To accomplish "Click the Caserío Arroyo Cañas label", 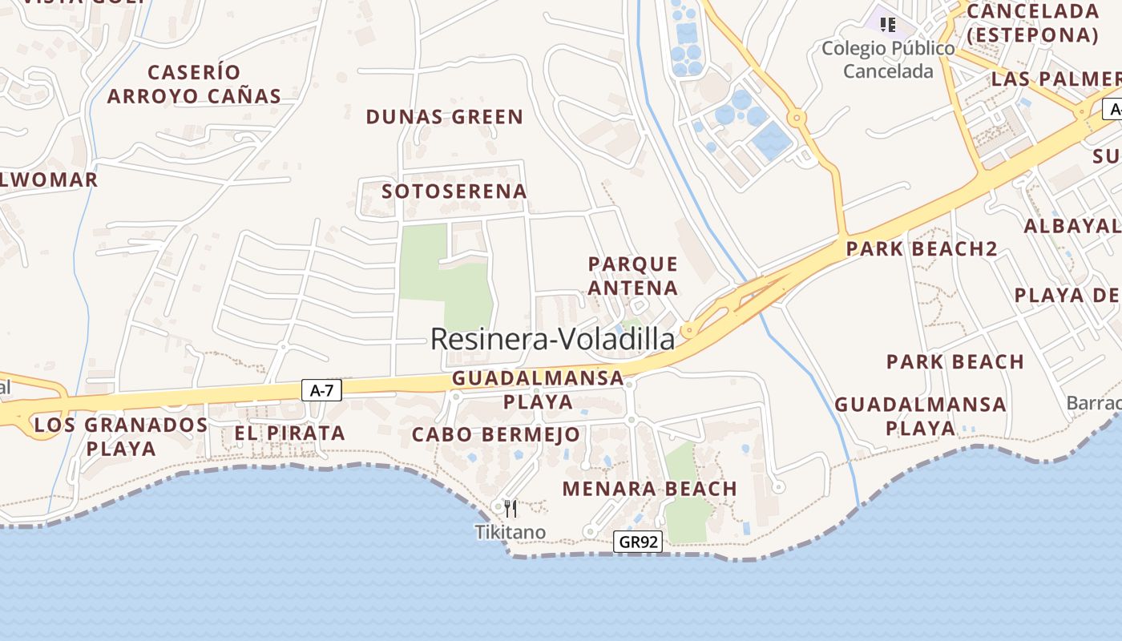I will tap(194, 84).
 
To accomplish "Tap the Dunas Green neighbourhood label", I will tap(444, 117).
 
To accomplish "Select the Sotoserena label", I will tap(454, 191).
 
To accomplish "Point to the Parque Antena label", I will tap(633, 276).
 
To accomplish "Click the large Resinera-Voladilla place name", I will tap(553, 339).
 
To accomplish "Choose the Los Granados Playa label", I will tap(121, 436).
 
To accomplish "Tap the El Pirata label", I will tap(289, 433).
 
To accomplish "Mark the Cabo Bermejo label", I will tap(495, 435).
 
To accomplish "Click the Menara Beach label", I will tap(649, 489).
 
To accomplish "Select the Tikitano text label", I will tap(510, 532).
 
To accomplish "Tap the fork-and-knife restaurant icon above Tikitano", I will tap(511, 508).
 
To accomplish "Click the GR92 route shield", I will tap(639, 542).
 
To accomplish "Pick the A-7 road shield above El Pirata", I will tap(321, 390).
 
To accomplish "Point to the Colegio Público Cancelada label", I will tap(888, 60).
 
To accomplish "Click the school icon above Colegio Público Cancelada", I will tap(888, 25).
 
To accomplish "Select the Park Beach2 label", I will tap(922, 248).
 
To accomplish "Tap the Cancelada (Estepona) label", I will tap(1032, 23).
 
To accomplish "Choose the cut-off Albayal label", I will tap(1072, 226).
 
